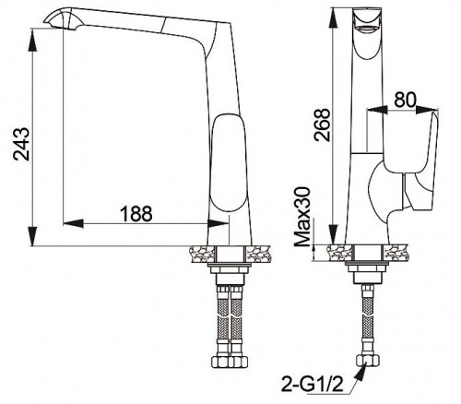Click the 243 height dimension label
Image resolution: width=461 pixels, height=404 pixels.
click(x=22, y=144)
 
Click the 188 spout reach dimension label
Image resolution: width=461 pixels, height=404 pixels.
click(x=136, y=213)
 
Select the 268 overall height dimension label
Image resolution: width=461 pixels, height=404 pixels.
click(x=322, y=125)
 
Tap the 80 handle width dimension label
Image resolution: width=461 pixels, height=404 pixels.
click(x=405, y=100)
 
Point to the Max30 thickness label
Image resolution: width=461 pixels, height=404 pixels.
click(x=303, y=217)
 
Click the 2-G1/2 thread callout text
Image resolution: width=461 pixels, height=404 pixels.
click(x=311, y=383)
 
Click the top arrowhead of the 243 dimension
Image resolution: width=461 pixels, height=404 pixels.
click(x=32, y=39)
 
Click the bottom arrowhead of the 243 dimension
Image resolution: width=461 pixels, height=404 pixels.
click(x=32, y=236)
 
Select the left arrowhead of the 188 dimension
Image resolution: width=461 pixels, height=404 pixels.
click(x=73, y=223)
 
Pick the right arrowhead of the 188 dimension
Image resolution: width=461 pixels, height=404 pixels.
click(x=219, y=223)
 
